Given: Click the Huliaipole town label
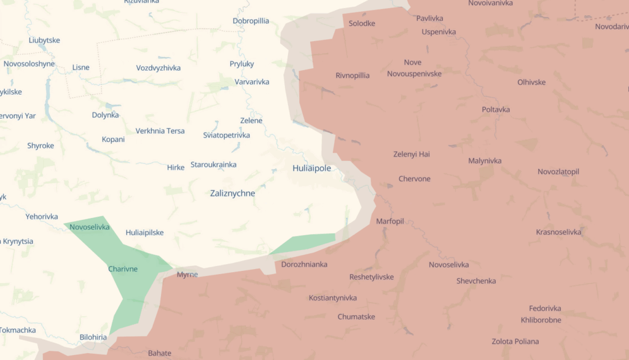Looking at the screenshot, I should pyautogui.click(x=311, y=168).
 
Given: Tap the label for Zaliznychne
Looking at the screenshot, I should pyautogui.click(x=232, y=193).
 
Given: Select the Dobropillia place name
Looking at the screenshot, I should pyautogui.click(x=251, y=21).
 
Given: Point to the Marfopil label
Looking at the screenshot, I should pyautogui.click(x=390, y=221).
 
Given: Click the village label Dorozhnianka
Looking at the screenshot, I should pyautogui.click(x=304, y=264).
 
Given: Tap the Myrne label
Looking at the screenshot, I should pyautogui.click(x=187, y=274).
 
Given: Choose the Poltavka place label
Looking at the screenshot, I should pyautogui.click(x=496, y=109).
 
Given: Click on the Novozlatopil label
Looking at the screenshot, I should pyautogui.click(x=558, y=171).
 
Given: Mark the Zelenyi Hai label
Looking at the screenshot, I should pyautogui.click(x=412, y=154).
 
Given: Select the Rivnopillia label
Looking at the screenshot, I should pyautogui.click(x=353, y=76).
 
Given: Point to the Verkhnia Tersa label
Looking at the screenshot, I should pyautogui.click(x=160, y=131).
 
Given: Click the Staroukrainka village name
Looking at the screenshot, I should pyautogui.click(x=213, y=165).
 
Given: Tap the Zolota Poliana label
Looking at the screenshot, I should pyautogui.click(x=515, y=341).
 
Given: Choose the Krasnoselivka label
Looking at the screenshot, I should pyautogui.click(x=558, y=232).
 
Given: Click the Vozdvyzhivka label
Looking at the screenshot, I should pyautogui.click(x=158, y=68).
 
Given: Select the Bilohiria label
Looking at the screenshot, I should pyautogui.click(x=93, y=337).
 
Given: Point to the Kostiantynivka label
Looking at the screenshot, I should pyautogui.click(x=332, y=298).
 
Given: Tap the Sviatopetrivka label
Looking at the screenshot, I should pyautogui.click(x=226, y=135).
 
